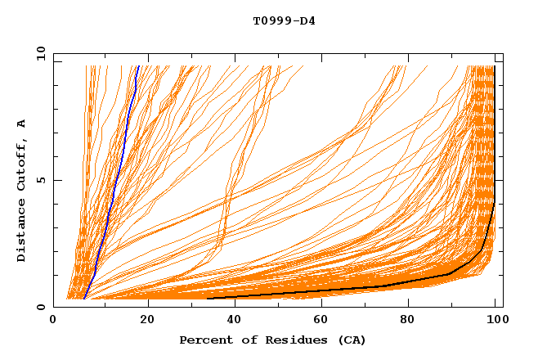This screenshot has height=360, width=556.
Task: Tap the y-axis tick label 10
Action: (x=39, y=53)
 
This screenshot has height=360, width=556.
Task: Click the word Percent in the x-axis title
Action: (x=202, y=340)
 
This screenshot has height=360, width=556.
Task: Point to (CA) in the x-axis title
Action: (x=349, y=340)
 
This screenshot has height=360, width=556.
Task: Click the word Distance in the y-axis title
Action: (x=22, y=233)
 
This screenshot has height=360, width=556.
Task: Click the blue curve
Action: (x=114, y=180)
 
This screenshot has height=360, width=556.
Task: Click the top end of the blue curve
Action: (x=138, y=66)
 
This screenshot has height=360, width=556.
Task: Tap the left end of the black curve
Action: (x=208, y=298)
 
